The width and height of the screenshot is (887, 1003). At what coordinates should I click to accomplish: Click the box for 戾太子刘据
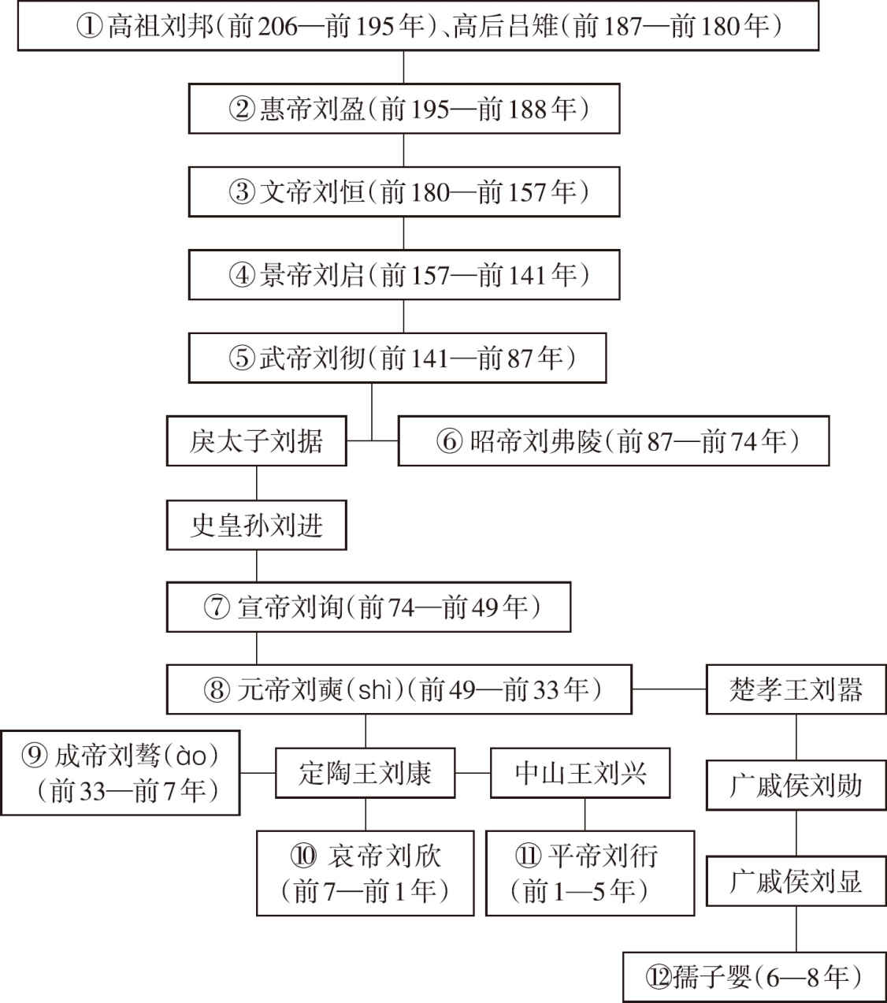coord(256,440)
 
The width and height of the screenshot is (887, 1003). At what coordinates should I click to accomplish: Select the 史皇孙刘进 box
coord(256,525)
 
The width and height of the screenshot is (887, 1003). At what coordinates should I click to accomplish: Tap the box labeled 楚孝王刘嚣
coord(796,689)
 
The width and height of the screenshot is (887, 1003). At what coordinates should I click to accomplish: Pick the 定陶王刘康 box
coord(366,773)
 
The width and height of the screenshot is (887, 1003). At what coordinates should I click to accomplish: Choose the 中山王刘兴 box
coord(580,773)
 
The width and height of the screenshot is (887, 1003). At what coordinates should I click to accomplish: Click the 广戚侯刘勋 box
coord(796,786)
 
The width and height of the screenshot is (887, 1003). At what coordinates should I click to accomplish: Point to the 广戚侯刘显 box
coord(796,881)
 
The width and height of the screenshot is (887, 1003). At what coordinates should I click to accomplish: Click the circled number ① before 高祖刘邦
coord(89,26)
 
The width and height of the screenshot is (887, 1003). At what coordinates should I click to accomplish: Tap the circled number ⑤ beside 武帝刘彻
coord(242,358)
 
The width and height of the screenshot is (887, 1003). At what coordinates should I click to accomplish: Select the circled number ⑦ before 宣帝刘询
coord(217,607)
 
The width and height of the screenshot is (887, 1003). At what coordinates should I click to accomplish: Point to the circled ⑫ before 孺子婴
coord(659,977)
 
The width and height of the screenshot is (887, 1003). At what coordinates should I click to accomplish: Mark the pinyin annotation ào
coord(191,756)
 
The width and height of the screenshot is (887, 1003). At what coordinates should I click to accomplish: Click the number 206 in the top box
coord(278,26)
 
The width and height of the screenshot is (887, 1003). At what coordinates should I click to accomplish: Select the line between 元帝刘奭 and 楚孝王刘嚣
coord(670,689)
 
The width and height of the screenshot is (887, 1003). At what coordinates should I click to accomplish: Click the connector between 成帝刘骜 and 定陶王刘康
coord(258,773)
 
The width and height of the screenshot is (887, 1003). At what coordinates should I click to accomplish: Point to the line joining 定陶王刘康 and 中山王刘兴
coord(473,773)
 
